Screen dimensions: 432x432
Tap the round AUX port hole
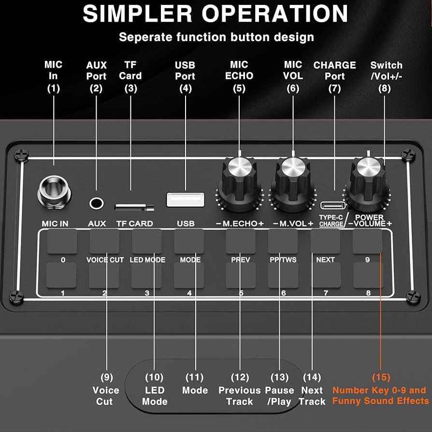[x=97, y=202]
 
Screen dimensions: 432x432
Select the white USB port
[x=185, y=200]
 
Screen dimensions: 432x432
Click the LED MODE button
[x=147, y=242]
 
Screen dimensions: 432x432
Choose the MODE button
[x=189, y=242]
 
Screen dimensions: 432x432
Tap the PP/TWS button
[x=283, y=242]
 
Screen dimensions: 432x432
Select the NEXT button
[x=325, y=242]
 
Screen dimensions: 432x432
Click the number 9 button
[x=367, y=242]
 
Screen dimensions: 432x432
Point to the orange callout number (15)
[x=380, y=377]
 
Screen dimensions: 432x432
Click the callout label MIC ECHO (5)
[x=239, y=76]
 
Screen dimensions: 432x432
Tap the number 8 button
[x=367, y=275]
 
